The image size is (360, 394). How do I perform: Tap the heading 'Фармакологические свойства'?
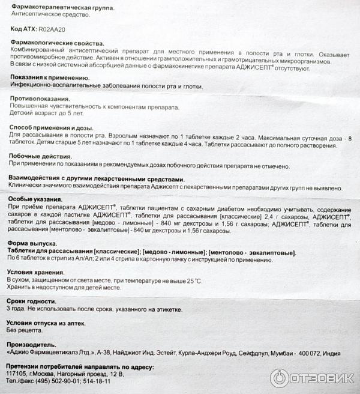click(56, 43)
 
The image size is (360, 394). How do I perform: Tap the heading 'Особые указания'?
click(36, 199)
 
